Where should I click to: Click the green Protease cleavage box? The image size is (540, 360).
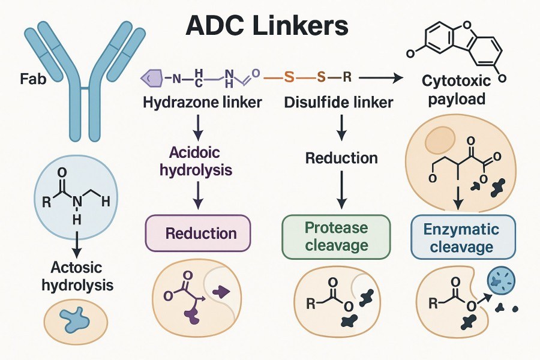click(x=336, y=236)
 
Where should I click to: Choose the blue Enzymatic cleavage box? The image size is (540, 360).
click(x=463, y=238)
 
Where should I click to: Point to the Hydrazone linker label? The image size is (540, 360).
click(x=202, y=103)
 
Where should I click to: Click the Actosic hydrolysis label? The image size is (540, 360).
click(x=77, y=276)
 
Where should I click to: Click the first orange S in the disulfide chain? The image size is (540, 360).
click(x=289, y=77)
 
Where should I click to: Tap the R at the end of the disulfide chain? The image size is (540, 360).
click(x=347, y=77)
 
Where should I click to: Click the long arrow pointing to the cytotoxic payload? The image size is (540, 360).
click(x=382, y=77)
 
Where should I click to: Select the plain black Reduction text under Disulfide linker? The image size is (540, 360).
click(x=341, y=158)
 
